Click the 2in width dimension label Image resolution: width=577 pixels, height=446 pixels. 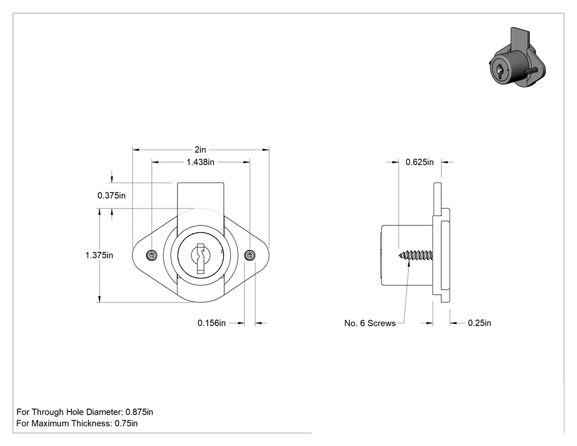[200, 150]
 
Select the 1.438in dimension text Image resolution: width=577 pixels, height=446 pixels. [200, 162]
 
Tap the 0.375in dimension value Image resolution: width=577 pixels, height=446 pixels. [112, 196]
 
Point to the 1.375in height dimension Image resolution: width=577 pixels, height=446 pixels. [99, 255]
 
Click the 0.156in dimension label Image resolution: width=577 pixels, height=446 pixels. [212, 323]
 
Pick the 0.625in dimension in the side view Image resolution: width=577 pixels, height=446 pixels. [419, 162]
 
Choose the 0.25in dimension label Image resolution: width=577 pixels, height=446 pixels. [480, 323]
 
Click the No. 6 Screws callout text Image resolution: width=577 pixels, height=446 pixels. [370, 323]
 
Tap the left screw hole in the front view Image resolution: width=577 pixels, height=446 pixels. [152, 255]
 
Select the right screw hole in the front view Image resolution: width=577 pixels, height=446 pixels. [250, 255]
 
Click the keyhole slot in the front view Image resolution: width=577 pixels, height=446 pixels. [201, 258]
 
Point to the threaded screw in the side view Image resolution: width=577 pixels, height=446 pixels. [416, 255]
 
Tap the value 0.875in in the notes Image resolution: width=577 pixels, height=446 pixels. [139, 412]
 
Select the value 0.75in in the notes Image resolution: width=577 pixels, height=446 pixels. [126, 423]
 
